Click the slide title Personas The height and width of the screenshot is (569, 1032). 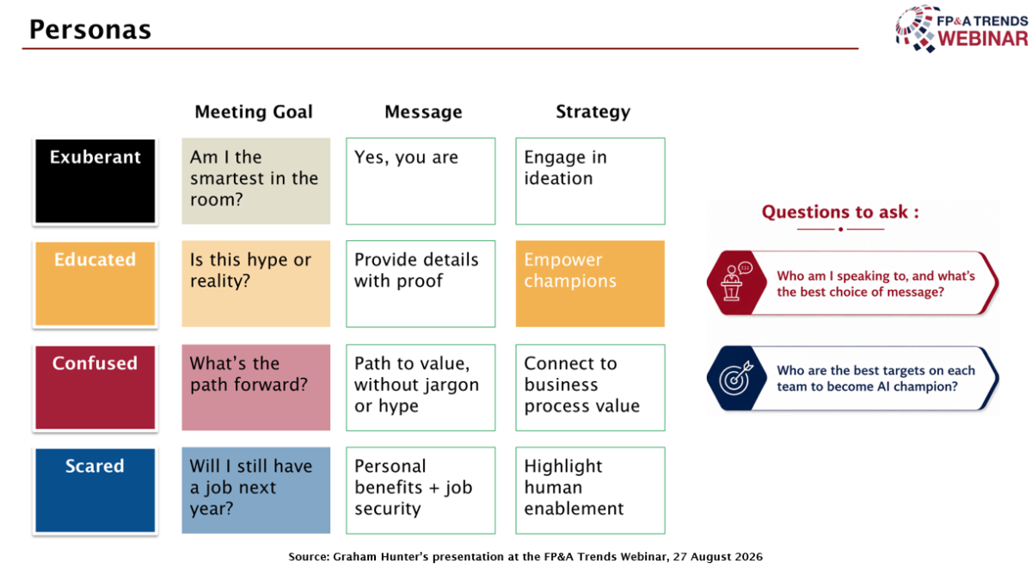(90, 30)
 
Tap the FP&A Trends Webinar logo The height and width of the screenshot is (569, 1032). (961, 28)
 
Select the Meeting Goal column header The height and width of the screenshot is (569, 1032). (254, 112)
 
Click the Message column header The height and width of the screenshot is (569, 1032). (423, 112)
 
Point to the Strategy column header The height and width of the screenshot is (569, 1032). (593, 112)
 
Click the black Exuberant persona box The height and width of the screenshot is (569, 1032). (95, 182)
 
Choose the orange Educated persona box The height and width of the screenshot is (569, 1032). (95, 283)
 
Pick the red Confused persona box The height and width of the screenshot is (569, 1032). (95, 387)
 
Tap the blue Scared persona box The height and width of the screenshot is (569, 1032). (95, 490)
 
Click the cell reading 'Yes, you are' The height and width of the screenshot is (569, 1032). (421, 182)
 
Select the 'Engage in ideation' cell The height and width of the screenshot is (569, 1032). (590, 182)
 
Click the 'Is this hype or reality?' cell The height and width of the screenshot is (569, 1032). (255, 283)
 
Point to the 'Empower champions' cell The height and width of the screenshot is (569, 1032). (590, 283)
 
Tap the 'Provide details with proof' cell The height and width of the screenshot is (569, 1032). (421, 283)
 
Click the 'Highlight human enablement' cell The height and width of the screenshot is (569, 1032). (590, 490)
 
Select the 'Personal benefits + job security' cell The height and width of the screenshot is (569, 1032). (421, 490)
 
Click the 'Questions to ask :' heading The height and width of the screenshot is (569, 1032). (840, 212)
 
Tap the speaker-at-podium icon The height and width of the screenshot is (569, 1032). (737, 281)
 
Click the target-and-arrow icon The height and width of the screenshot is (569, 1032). (737, 378)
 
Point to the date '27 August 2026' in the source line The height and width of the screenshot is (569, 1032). (718, 557)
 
